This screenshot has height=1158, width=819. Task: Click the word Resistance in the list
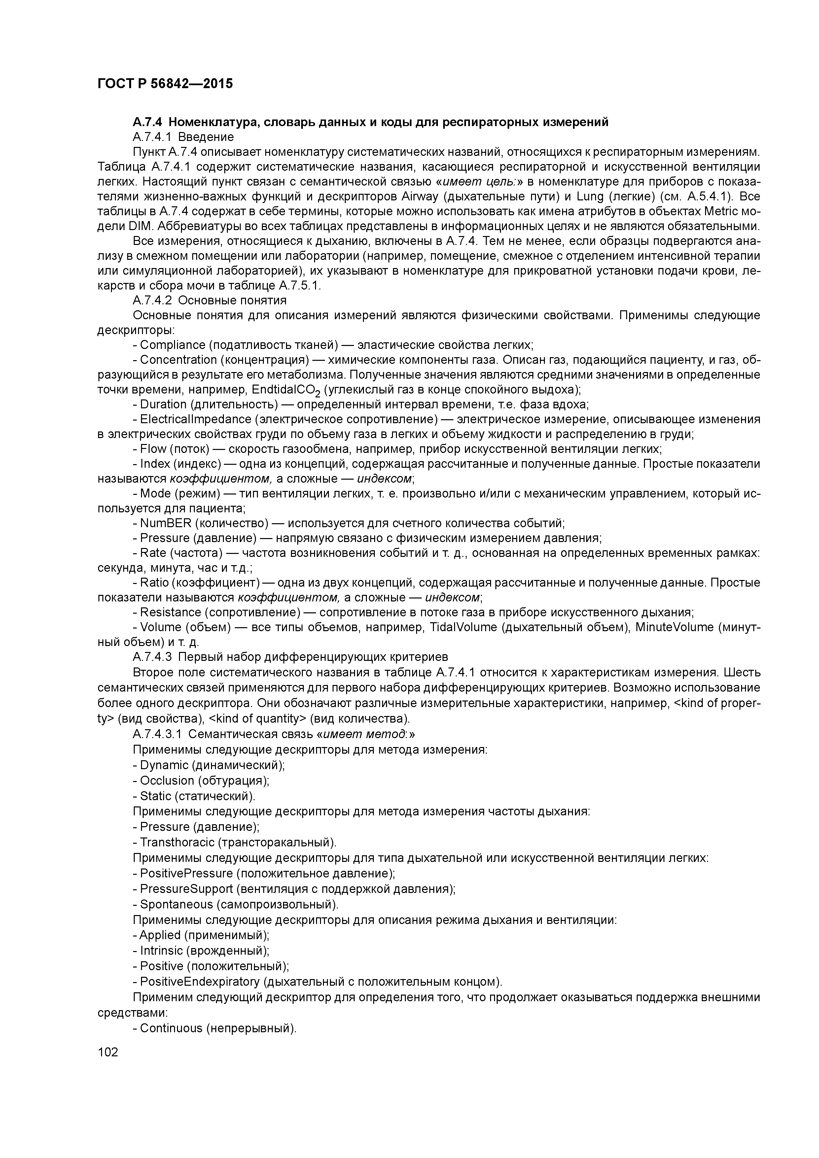click(x=170, y=612)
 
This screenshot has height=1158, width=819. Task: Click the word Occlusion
click(x=166, y=781)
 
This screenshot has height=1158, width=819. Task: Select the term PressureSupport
click(x=186, y=889)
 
